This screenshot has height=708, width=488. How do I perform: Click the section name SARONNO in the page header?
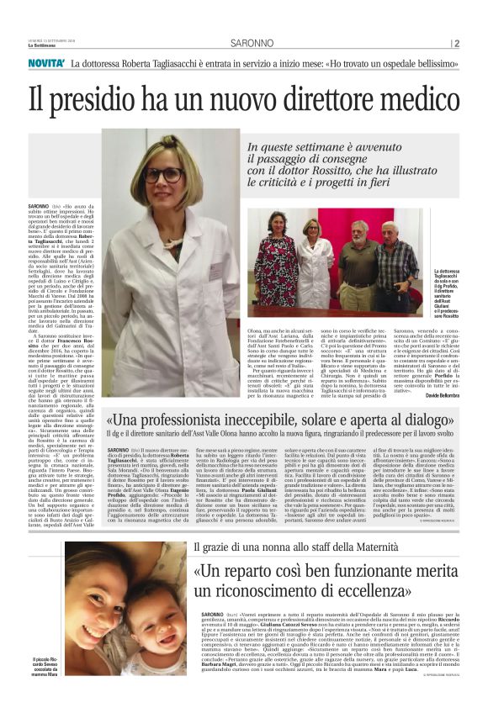(243, 44)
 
